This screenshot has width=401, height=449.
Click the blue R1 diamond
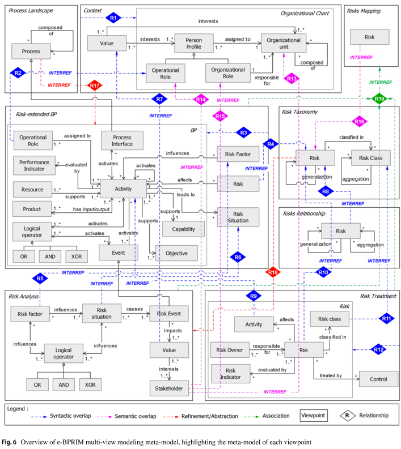[113, 18]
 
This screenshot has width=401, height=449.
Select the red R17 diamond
[95, 85]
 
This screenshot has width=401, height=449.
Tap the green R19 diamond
[379, 99]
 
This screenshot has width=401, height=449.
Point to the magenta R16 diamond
[360, 121]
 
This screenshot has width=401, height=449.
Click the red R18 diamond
[273, 272]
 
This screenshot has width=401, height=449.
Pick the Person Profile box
[194, 43]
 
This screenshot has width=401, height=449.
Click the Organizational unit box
[284, 43]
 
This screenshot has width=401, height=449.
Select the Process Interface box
[122, 140]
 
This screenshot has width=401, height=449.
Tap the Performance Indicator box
[34, 165]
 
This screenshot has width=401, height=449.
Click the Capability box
[184, 229]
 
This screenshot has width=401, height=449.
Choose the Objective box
[176, 253]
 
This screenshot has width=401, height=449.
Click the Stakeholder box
[169, 388]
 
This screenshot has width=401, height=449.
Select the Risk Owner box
[230, 350]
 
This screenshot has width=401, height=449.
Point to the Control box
[379, 379]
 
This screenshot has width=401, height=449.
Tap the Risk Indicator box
[231, 374]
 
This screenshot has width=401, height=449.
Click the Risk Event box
[169, 314]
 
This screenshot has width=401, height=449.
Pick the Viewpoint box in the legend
[313, 416]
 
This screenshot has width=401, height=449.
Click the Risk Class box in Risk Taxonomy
[371, 158]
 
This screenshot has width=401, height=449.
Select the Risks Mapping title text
[364, 11]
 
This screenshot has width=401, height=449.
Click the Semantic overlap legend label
[136, 416]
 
